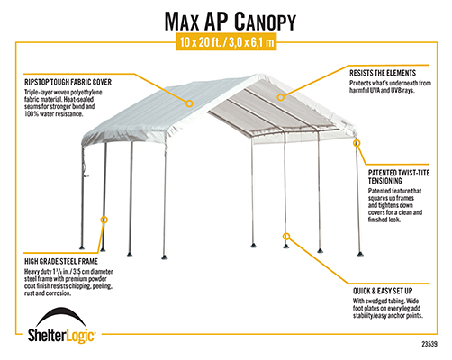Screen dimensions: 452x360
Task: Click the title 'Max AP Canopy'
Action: (231, 22)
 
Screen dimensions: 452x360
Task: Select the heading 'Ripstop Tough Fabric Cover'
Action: (68, 82)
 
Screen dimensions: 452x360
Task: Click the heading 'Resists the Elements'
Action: (383, 73)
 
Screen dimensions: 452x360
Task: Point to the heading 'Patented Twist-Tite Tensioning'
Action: (399, 176)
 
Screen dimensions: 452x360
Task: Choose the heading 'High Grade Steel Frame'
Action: (61, 261)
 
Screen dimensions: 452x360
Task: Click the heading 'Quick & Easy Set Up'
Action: (383, 291)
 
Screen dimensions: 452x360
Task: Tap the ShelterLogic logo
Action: (62, 325)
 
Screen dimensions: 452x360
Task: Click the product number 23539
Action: (429, 344)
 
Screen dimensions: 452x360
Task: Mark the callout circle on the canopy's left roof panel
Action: (189, 103)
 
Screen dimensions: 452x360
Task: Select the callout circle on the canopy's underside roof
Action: (280, 97)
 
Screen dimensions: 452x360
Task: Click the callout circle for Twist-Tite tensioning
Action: (357, 143)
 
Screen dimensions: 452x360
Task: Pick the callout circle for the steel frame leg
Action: (104, 220)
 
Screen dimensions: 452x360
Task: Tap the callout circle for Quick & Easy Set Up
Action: (286, 236)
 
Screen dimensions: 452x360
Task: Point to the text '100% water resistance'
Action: (53, 114)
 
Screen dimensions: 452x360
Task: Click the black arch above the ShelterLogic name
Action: (61, 316)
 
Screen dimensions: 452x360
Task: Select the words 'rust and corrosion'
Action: (48, 293)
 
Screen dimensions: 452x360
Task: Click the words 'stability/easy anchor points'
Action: (388, 316)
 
